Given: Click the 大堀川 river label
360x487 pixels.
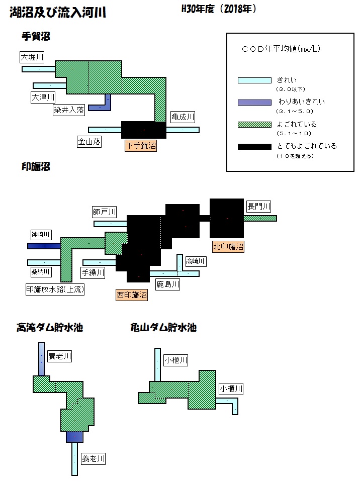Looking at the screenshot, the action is pyautogui.click(x=32, y=57).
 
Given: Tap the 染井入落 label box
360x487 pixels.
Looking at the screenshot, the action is pyautogui.click(x=69, y=110).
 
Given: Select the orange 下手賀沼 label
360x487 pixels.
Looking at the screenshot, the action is pyautogui.click(x=141, y=145).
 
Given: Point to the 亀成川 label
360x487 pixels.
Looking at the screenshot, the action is pyautogui.click(x=183, y=117).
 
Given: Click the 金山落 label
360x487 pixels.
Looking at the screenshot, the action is pyautogui.click(x=89, y=142).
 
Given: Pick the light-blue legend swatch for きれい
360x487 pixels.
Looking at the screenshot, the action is pyautogui.click(x=254, y=80).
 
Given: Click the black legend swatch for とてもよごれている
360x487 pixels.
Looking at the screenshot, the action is pyautogui.click(x=254, y=147).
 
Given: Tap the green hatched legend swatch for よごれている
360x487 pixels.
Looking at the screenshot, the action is pyautogui.click(x=254, y=125).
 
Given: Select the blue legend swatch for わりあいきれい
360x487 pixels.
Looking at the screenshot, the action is pyautogui.click(x=254, y=103).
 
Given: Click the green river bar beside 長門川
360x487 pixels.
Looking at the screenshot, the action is pyautogui.click(x=260, y=218).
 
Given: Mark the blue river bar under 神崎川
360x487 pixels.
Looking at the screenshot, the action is pyautogui.click(x=44, y=246).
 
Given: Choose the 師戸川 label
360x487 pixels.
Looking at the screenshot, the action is pyautogui.click(x=105, y=212).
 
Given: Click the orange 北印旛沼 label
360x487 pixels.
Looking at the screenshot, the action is pyautogui.click(x=228, y=247).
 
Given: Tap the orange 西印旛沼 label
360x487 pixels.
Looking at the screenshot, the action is pyautogui.click(x=132, y=295).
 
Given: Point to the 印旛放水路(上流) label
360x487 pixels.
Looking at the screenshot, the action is pyautogui.click(x=55, y=289).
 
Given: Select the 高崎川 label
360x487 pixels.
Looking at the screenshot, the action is pyautogui.click(x=196, y=261).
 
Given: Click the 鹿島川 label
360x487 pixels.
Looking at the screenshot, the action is pyautogui.click(x=168, y=284).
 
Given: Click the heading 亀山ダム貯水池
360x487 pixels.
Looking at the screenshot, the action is pyautogui.click(x=163, y=327).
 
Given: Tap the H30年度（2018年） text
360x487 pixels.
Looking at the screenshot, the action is pyautogui.click(x=219, y=9).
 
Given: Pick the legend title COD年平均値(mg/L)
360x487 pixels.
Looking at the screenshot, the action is pyautogui.click(x=281, y=49).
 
